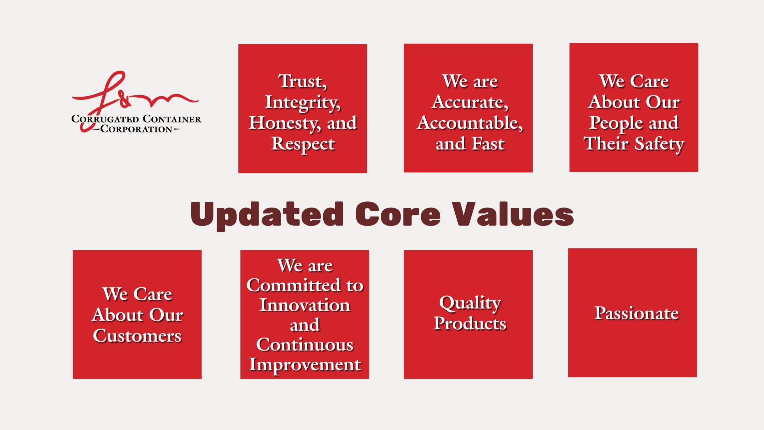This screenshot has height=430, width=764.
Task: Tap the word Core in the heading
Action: pyautogui.click(x=398, y=214)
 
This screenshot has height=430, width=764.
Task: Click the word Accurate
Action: pyautogui.click(x=470, y=102)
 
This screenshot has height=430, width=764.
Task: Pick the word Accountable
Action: pyautogui.click(x=470, y=123)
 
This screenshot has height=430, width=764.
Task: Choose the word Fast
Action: pyautogui.click(x=488, y=144)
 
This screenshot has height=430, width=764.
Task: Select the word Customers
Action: pyautogui.click(x=137, y=335)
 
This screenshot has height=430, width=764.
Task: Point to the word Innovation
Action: pyautogui.click(x=305, y=305)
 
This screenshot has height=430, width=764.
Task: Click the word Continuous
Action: pyautogui.click(x=305, y=344)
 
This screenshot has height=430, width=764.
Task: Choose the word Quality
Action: pyautogui.click(x=470, y=303)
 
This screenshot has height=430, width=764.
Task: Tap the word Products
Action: pyautogui.click(x=470, y=323)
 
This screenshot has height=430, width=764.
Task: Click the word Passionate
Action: pyautogui.click(x=636, y=313)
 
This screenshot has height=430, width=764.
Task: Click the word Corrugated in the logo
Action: pyautogui.click(x=105, y=119)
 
